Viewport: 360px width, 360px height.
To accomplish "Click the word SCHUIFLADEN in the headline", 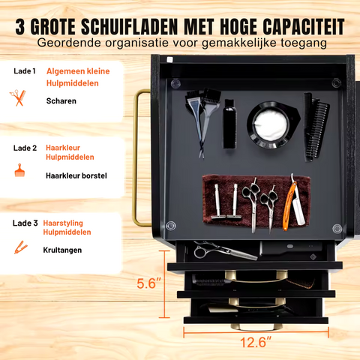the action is pos(129,26).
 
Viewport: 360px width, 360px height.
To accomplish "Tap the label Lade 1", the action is pos(25,71).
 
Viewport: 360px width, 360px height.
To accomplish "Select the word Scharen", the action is pos(61,101).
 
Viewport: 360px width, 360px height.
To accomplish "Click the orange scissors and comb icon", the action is pos(18,97).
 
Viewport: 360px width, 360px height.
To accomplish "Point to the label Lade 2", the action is pos(25,148).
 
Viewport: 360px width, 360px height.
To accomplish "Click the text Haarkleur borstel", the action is pos(76,175).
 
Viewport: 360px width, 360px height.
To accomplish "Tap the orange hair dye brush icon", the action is pos(19,170).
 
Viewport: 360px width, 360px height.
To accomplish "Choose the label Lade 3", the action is pos(25,223).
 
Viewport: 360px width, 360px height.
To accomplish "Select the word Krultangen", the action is pos(62,250).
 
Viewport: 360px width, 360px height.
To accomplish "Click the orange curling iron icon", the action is pos(20,247).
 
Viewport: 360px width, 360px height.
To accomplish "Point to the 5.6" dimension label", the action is pos(148,283).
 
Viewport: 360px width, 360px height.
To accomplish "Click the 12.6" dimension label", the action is pos(256,342).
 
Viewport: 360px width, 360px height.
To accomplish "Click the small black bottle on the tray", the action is pos(229,124).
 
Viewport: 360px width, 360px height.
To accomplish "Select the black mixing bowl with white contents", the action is pos(272,124).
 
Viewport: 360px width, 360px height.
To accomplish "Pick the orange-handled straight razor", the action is pos(290,202).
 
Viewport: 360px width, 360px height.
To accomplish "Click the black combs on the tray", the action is pos(316,127).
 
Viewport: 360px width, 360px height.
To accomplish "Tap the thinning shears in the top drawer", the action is pos(225,250).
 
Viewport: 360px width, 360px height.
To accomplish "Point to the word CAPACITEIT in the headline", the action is pos(304,26).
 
